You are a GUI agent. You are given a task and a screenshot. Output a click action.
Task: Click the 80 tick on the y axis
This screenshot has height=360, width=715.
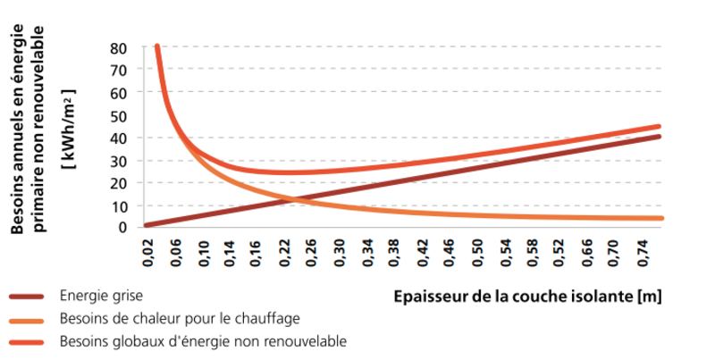tap(118, 46)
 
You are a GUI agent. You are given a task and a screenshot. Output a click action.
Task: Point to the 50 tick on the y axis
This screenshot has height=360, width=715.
tap(118, 114)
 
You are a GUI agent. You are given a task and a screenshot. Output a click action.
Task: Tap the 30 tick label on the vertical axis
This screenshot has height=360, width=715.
tap(118, 160)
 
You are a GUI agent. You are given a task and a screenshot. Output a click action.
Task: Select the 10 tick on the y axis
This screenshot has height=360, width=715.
tap(118, 205)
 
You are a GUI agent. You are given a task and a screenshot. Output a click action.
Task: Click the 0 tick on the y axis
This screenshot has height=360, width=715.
tap(122, 227)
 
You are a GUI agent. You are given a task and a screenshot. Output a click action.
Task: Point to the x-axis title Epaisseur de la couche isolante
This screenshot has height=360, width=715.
tap(527, 296)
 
